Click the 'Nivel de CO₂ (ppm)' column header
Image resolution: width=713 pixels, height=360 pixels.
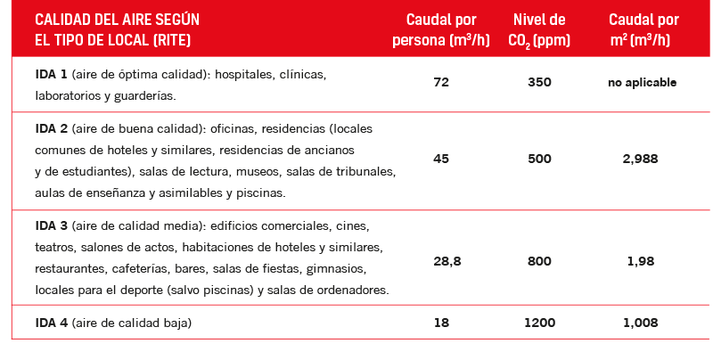coord(539,30)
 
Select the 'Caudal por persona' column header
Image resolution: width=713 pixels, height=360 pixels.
coord(440,30)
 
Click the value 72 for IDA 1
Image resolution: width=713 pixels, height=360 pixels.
coord(440,82)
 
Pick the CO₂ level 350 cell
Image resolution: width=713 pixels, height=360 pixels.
coord(539,82)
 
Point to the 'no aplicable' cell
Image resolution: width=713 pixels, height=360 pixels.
coord(642,82)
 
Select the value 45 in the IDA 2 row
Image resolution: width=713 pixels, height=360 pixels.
coord(440,159)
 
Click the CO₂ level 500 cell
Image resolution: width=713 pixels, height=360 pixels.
coord(539,159)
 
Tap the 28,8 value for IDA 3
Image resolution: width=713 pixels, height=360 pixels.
coord(440,261)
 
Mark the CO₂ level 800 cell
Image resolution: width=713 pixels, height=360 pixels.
coord(539,261)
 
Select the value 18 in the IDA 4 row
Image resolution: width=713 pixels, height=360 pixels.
coord(440,322)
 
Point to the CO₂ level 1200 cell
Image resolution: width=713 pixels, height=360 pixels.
coord(539,322)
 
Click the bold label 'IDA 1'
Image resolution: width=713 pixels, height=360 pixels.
coord(50,75)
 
